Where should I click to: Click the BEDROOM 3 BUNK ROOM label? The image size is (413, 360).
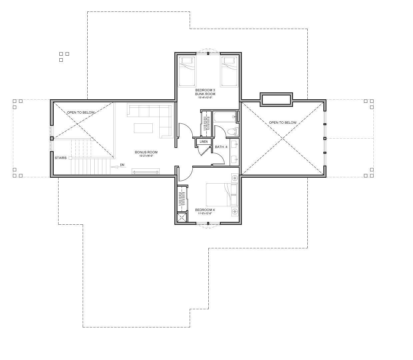coord(205,92)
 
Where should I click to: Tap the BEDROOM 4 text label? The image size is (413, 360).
coord(205,210)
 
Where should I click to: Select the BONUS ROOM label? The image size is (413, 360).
coord(146,152)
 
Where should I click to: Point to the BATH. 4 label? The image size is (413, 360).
coord(221,147)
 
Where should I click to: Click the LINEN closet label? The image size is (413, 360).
coord(203,142)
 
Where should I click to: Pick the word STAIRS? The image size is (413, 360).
coord(60,158)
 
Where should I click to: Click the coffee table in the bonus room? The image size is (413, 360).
coord(143,128)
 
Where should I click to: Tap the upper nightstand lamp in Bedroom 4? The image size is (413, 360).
coord(235,178)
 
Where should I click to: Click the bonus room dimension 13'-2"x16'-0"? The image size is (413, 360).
coord(146,156)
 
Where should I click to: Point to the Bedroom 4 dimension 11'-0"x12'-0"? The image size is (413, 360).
coord(205,214)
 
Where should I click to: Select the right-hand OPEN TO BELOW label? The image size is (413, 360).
coord(282,123)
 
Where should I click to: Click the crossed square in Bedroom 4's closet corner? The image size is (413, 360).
coord(182,218)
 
